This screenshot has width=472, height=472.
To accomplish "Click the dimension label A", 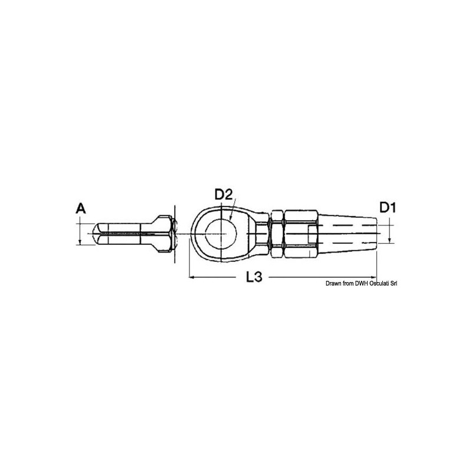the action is pos(80,208).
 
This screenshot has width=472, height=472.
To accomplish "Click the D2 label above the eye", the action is pos(224,195).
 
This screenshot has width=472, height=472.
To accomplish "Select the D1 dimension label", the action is pos(388,208).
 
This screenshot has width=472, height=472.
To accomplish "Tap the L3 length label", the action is pos(254,277).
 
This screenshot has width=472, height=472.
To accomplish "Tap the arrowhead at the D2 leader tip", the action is pos(230,219).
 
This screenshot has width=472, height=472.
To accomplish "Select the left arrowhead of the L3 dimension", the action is pos(191,277).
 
